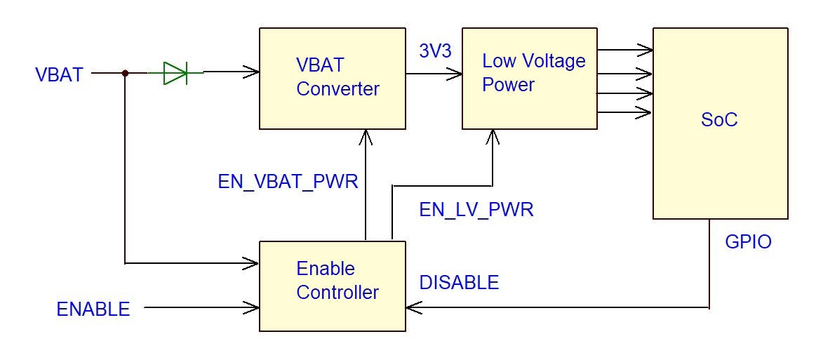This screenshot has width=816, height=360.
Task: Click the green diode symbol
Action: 175,72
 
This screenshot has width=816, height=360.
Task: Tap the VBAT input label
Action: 59,75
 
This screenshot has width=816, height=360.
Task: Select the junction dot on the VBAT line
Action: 125,72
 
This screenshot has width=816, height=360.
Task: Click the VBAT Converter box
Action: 332,78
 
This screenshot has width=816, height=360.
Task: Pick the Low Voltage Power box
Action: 530,78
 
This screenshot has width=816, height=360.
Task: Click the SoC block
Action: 720,123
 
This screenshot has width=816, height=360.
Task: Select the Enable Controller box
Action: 332,286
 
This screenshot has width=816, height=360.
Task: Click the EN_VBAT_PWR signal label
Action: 288,182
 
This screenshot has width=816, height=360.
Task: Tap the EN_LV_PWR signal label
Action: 476,209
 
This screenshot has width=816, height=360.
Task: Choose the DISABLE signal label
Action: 459,283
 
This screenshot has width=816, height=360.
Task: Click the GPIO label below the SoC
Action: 748,242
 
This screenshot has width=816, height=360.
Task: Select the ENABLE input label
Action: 93,309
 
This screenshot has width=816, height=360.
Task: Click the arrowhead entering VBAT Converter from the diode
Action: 252,72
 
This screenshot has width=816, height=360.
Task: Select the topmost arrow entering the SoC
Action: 646,49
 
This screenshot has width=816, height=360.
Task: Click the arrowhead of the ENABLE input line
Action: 252,307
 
